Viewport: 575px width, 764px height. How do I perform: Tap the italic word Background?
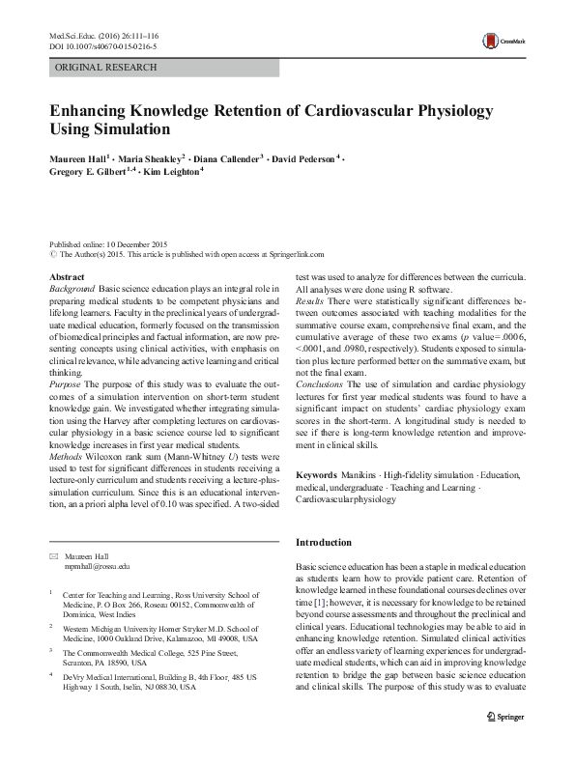[72, 289]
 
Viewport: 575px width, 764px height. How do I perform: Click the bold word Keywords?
[316, 477]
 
